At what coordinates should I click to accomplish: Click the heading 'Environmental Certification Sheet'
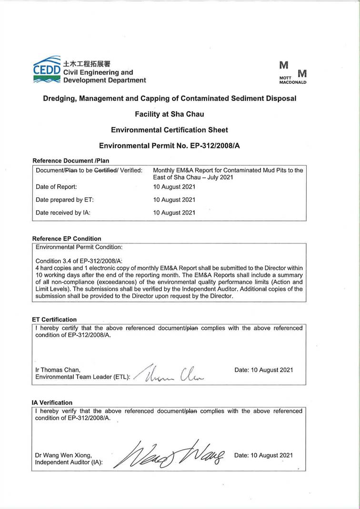(170, 130)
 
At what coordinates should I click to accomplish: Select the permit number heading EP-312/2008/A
(169, 145)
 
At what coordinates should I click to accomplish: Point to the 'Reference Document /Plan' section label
(70, 161)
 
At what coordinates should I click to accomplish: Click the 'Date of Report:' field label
(56, 187)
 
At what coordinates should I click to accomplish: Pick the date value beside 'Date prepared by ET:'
(174, 200)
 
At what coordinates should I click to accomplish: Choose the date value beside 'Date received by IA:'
(174, 213)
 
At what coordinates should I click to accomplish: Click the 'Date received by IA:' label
(63, 213)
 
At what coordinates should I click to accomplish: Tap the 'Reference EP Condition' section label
(67, 238)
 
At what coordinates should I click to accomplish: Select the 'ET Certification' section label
(54, 319)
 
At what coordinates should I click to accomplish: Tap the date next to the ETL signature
(264, 370)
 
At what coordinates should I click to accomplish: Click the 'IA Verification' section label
(52, 402)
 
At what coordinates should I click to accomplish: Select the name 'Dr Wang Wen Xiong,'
(64, 455)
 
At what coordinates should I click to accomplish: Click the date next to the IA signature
(263, 455)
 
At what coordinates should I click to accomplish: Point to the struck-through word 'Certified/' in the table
(106, 171)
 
